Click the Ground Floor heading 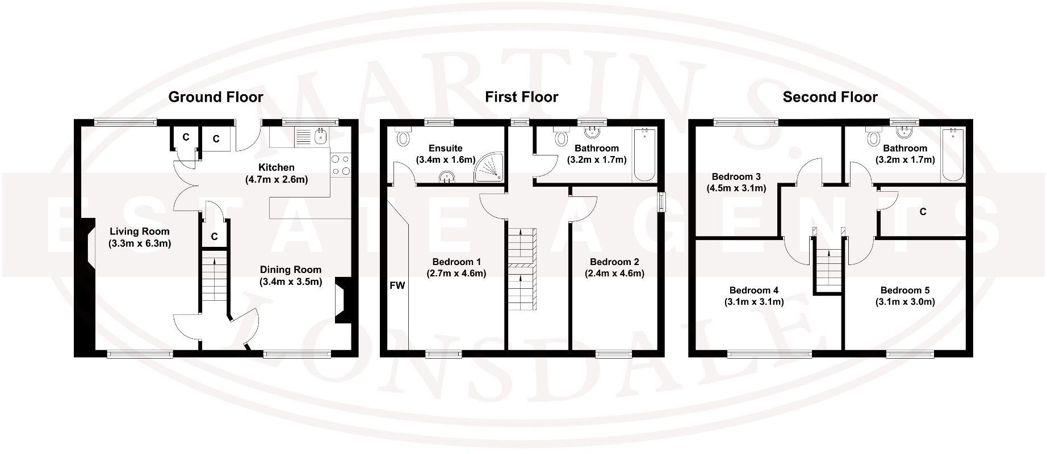(216, 97)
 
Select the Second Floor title (830, 97)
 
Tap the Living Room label (140, 231)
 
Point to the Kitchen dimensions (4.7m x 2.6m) (277, 180)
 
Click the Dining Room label (291, 270)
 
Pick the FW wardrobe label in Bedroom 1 (397, 285)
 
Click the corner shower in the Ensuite (490, 169)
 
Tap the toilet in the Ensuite (404, 137)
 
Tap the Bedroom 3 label (736, 176)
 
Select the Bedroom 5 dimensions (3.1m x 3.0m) (904, 302)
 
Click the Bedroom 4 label (754, 290)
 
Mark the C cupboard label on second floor (923, 212)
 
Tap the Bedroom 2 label (614, 262)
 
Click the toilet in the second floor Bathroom (873, 137)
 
